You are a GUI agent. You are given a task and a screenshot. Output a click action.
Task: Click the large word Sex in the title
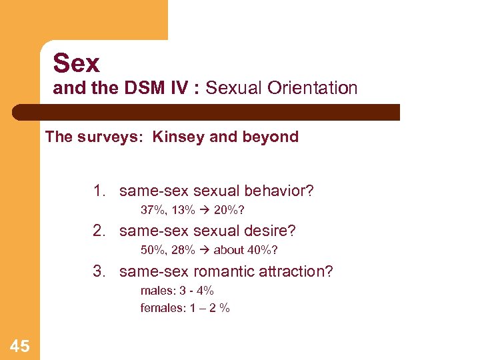pos(77,63)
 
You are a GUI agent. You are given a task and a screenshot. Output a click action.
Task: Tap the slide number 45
pos(19,345)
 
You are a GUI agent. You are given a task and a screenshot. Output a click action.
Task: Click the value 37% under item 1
pos(153,211)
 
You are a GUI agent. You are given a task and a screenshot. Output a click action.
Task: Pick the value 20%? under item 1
pos(229,211)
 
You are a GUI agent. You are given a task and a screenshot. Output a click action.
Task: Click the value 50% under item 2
pos(153,251)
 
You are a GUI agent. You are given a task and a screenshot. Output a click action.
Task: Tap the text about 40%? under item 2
pos(245,251)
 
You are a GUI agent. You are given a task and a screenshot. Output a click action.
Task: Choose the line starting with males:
pos(177,291)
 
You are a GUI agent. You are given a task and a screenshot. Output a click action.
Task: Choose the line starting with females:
pos(185,308)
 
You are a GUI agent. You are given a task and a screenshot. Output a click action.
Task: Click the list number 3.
pos(99,271)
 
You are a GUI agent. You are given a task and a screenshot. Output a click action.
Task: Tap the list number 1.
pos(99,191)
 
